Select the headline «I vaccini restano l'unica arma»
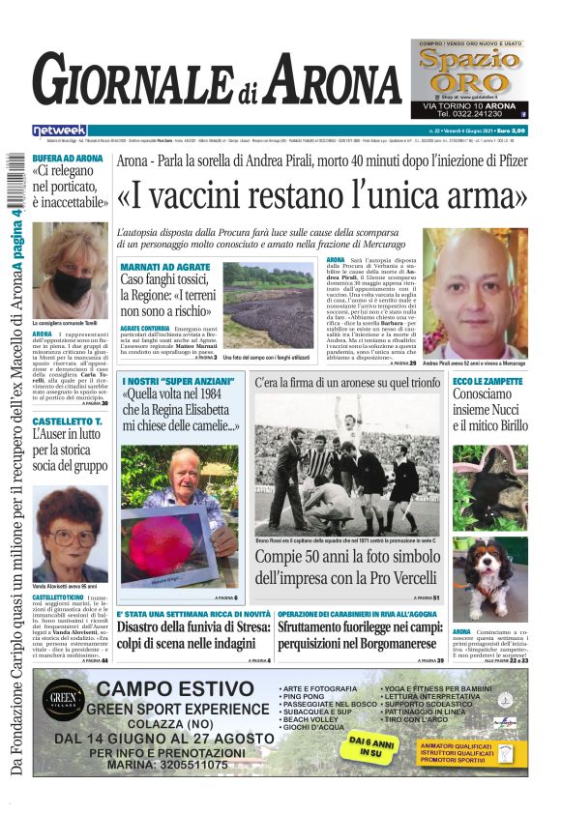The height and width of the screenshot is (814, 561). click(x=321, y=196)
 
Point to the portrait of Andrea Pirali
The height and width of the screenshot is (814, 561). click(x=476, y=293)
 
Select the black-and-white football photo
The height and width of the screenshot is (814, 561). click(x=347, y=463)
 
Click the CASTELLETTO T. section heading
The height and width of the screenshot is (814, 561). click(x=67, y=422)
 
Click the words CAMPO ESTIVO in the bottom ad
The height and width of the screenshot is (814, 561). click(x=179, y=690)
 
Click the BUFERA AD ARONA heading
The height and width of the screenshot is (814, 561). click(x=68, y=159)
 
